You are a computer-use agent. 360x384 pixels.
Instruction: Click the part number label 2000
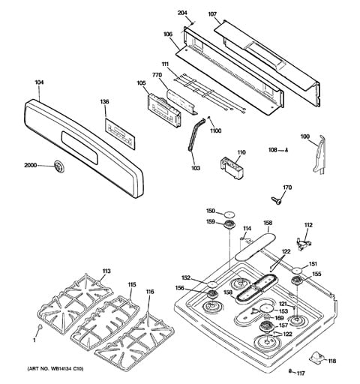(x=31, y=165)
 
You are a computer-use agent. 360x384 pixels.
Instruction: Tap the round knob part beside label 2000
(x=59, y=166)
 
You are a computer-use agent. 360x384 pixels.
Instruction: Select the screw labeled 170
(x=277, y=200)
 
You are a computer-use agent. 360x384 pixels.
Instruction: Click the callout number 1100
(x=215, y=130)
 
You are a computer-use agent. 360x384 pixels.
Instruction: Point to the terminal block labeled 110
(x=232, y=168)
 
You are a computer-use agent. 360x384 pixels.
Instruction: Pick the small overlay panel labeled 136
(x=120, y=134)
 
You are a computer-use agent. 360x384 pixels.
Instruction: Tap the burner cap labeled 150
(x=229, y=214)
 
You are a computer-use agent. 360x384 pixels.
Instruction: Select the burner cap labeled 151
(x=297, y=271)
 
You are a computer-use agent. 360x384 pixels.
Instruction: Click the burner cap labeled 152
(x=212, y=284)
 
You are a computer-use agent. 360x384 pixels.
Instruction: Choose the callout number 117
(x=301, y=373)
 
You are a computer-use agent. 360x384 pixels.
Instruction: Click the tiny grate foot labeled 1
(x=40, y=326)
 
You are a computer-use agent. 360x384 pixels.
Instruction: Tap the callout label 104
(x=39, y=82)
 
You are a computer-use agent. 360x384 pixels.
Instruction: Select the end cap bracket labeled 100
(x=319, y=154)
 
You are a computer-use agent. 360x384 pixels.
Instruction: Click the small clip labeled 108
(x=286, y=150)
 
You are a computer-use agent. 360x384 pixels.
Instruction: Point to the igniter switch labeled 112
(x=303, y=243)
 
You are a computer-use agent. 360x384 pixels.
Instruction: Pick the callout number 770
(x=157, y=75)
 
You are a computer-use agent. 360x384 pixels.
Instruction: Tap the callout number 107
(x=212, y=14)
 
